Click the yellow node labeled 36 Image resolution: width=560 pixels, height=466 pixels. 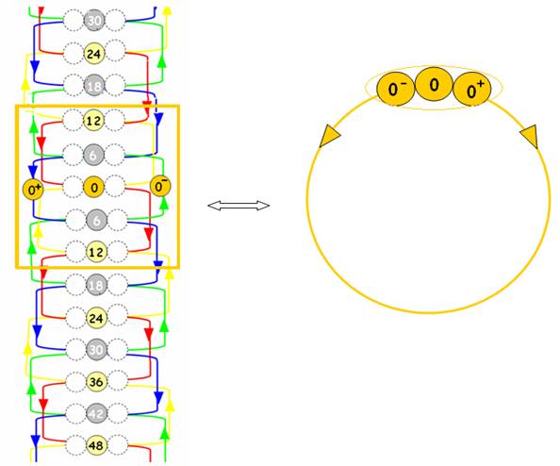pos(96,382)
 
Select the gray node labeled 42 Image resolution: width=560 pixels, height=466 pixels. pos(96,413)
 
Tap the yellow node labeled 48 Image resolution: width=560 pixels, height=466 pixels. pos(96,445)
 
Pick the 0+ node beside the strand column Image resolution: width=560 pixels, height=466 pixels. pos(33,190)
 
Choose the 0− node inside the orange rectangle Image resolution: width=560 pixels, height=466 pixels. pos(160,186)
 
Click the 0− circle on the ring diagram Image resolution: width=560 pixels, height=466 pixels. pos(396,88)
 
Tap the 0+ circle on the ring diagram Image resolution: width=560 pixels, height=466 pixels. pos(472,90)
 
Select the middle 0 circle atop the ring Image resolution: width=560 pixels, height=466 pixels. pos(434,85)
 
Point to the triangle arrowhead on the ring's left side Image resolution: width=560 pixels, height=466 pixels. pos(329,136)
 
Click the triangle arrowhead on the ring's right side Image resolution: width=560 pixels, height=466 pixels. pos(530,137)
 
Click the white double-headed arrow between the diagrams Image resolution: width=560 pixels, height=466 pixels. pos(239,206)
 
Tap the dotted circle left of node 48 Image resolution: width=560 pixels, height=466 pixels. pos(75,445)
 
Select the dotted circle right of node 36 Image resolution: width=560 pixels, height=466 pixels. pos(117,382)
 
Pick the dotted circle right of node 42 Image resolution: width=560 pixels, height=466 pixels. pos(117,413)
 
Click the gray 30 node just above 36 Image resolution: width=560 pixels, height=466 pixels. pos(96,349)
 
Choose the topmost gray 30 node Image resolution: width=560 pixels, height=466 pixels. pos(94,21)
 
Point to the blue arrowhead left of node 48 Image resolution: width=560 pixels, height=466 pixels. pos(35,441)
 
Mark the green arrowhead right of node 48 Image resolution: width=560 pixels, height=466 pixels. pos(165,433)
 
